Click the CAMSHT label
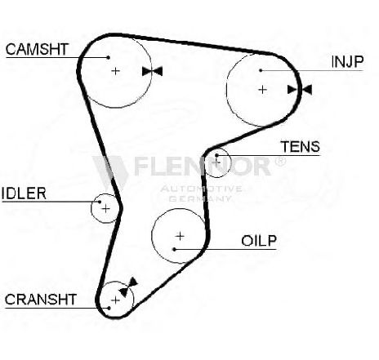[x=37, y=49]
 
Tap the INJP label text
[x=347, y=62]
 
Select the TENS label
[x=301, y=147]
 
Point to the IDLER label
[x=24, y=193]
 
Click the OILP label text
[x=259, y=241]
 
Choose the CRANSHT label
[x=41, y=300]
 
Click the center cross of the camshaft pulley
[x=116, y=71]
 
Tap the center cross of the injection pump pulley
[x=262, y=90]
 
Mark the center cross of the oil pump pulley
[x=180, y=236]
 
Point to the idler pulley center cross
[x=105, y=209]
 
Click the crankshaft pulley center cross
[x=116, y=300]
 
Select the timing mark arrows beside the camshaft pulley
[x=152, y=71]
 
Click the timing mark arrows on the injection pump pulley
[x=300, y=90]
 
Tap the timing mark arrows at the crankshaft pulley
[x=128, y=287]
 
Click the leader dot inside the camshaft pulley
[x=109, y=57]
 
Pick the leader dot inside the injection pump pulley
[x=261, y=70]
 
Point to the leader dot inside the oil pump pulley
[x=175, y=249]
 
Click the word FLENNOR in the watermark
[x=202, y=166]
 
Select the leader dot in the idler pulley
[x=100, y=202]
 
